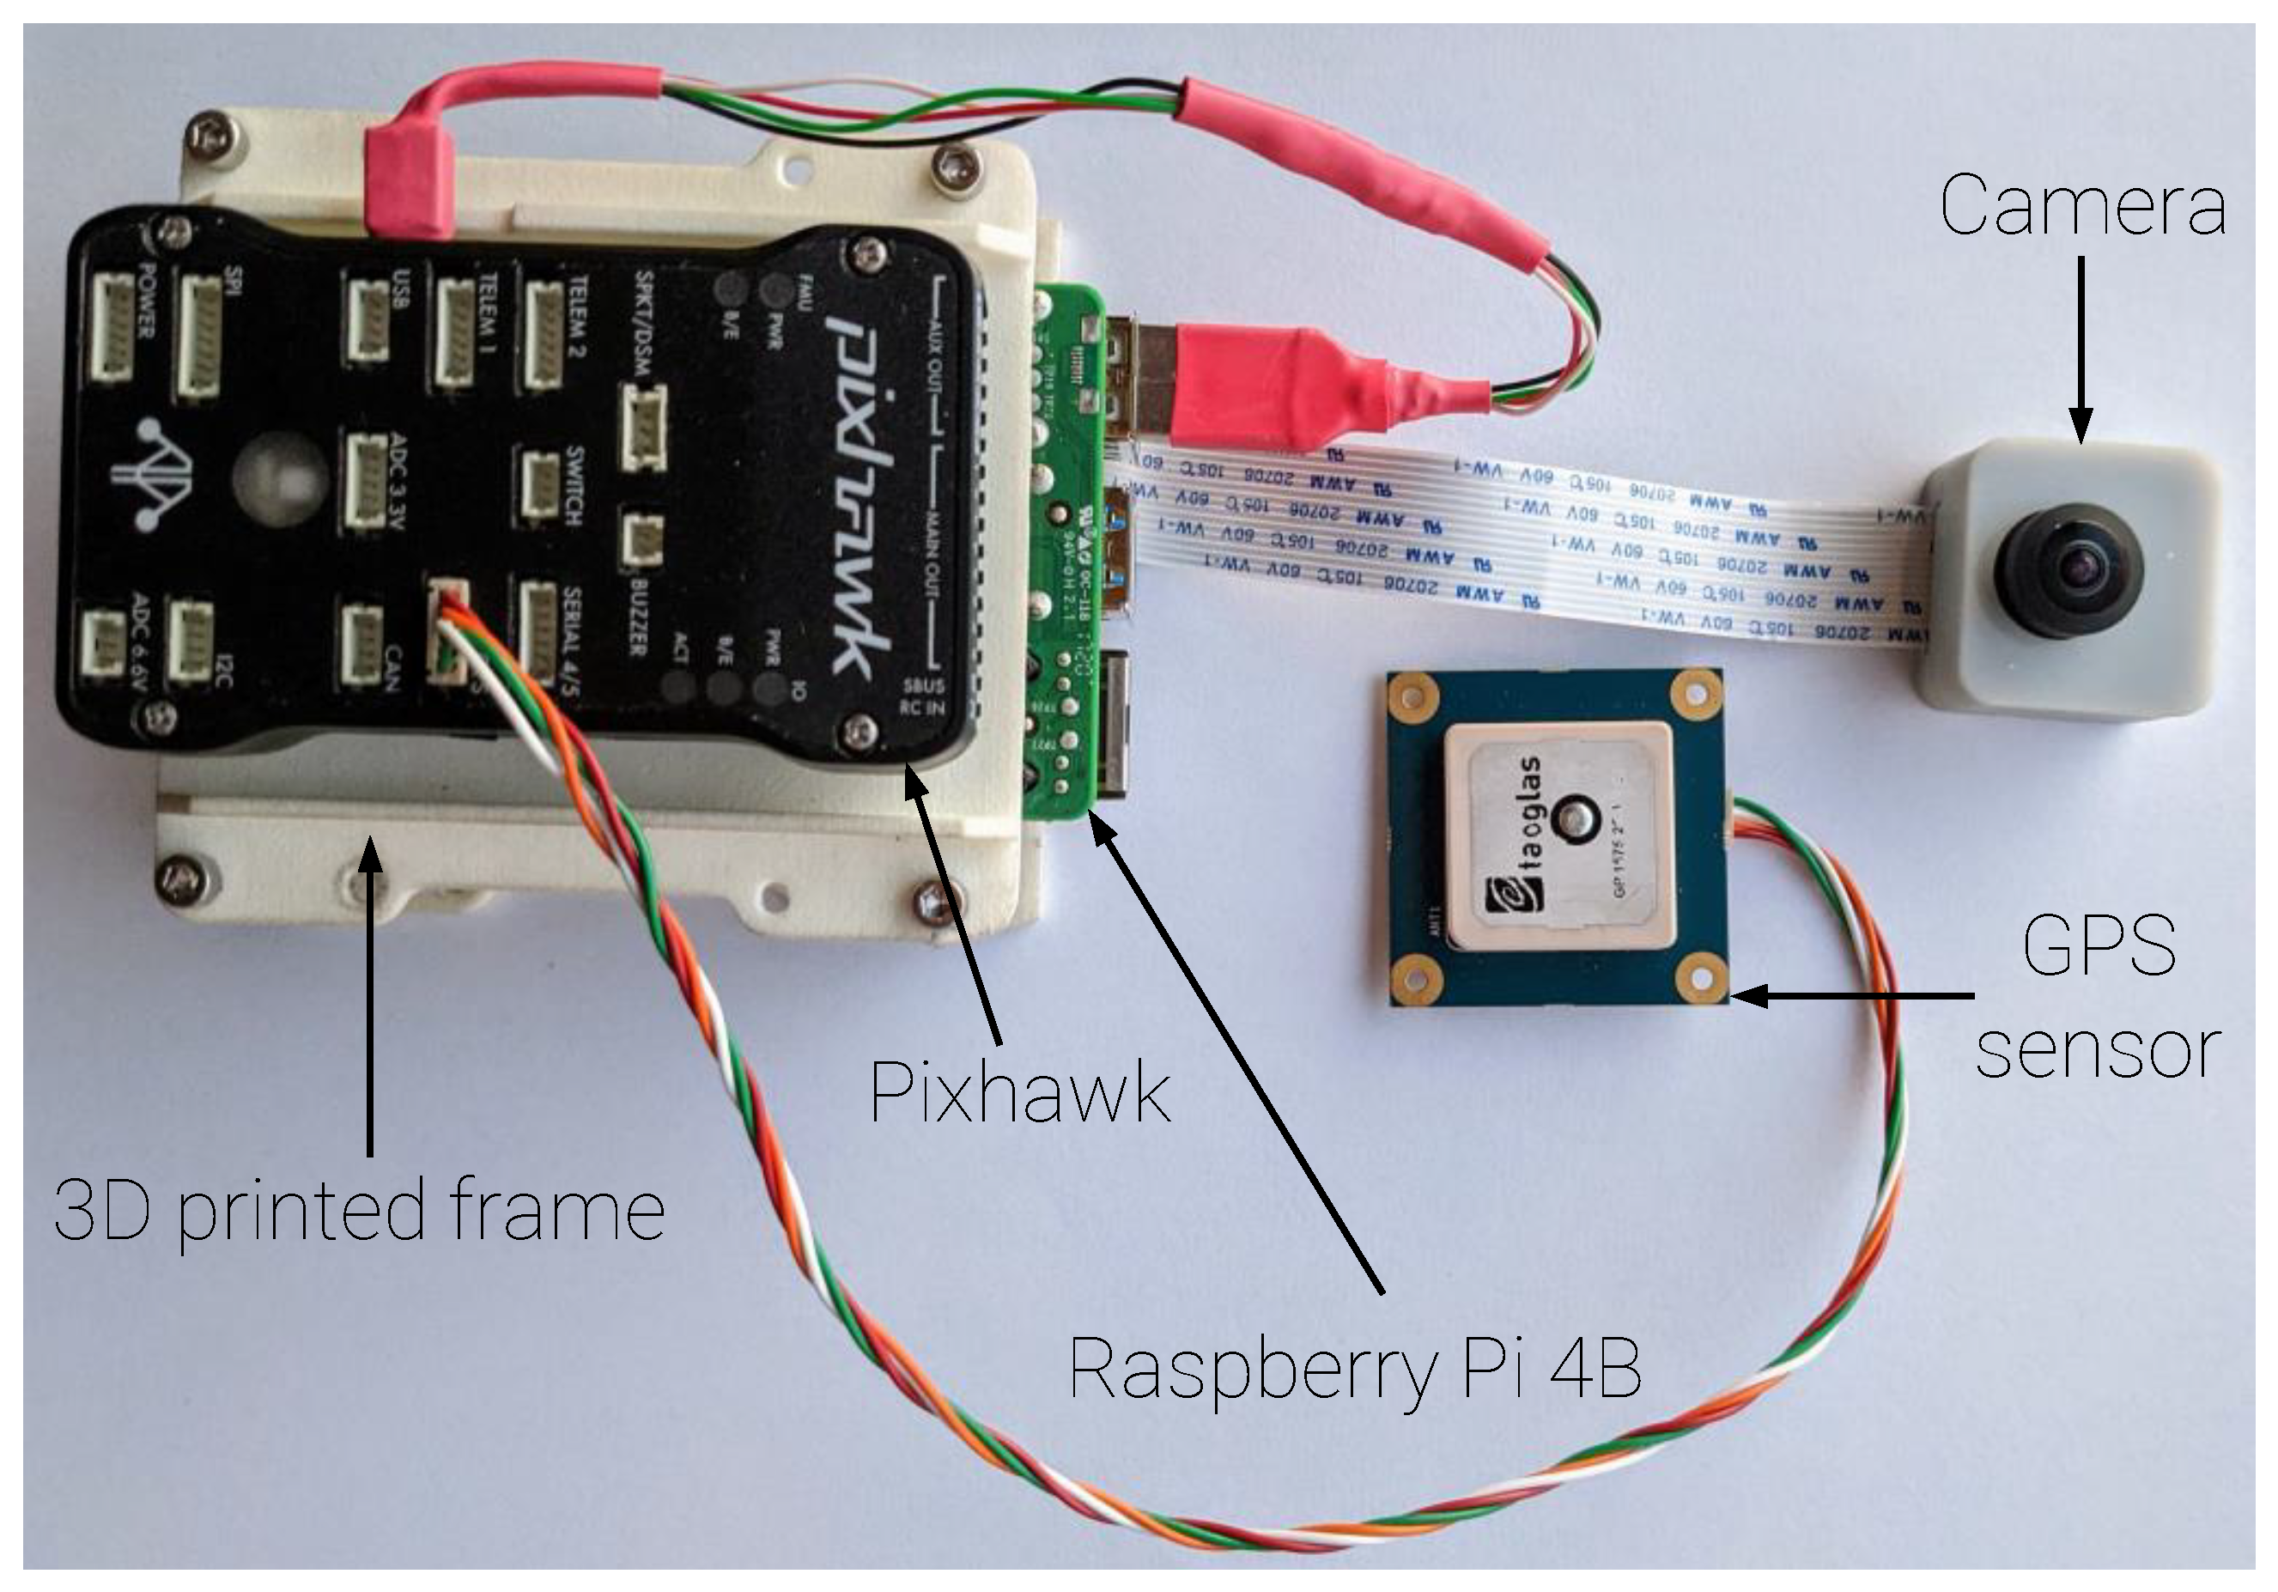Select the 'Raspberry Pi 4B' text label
1355,1370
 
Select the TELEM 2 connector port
544,334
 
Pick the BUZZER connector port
644,541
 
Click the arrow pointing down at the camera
2081,347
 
